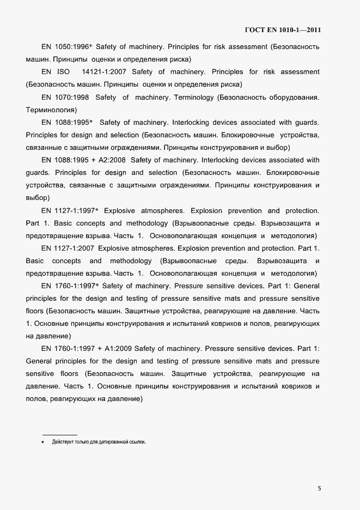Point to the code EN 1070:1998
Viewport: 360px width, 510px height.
[64, 98]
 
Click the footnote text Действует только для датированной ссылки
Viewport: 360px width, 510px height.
[99, 442]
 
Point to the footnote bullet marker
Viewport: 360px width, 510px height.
[43, 442]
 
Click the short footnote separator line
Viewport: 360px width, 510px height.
[60, 434]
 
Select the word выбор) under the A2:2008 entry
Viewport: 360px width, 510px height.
[38, 198]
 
